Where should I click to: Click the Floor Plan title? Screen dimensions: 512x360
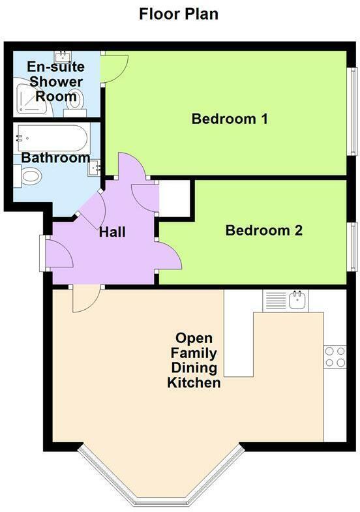point(179,14)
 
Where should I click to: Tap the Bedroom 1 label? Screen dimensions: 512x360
point(220,119)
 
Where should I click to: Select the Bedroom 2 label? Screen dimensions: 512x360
point(263,230)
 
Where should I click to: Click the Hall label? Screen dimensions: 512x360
point(112,232)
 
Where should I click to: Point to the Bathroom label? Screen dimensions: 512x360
point(55,158)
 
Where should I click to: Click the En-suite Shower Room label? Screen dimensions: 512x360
point(55,82)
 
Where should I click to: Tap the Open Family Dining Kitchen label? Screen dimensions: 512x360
point(194,361)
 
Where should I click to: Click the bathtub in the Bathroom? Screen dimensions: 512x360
point(50,137)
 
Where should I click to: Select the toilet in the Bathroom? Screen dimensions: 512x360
point(29,175)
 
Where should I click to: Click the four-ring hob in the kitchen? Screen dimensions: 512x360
point(335,357)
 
